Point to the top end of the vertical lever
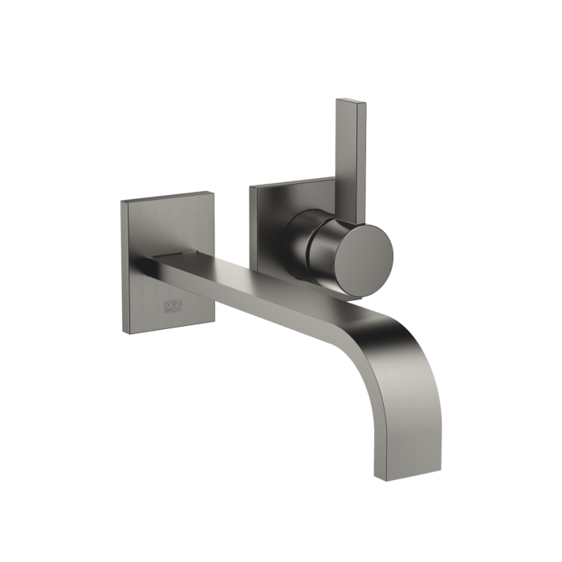coord(352,101)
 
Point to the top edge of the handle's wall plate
coord(293,182)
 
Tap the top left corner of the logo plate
coord(122,201)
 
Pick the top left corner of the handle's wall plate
coord(250,187)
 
